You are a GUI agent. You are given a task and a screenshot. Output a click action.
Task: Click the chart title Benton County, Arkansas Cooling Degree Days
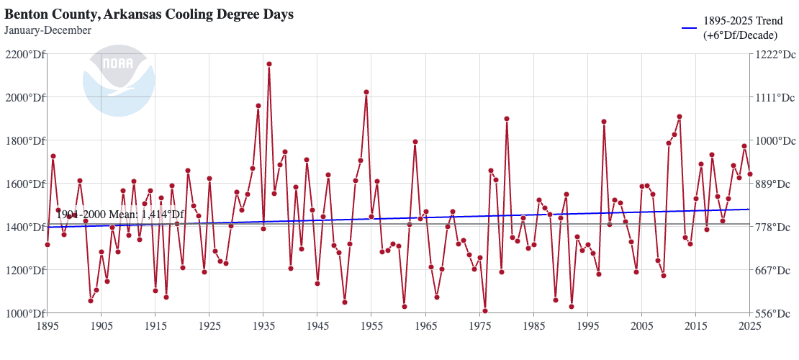pyautogui.click(x=149, y=14)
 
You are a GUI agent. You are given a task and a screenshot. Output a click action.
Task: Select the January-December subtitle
pyautogui.click(x=48, y=30)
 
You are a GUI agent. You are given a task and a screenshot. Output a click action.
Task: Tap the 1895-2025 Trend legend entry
pyautogui.click(x=741, y=27)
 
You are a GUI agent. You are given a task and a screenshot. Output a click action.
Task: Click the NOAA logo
pyautogui.click(x=119, y=81)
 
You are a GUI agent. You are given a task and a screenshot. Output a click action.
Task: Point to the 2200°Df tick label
pyautogui.click(x=24, y=55)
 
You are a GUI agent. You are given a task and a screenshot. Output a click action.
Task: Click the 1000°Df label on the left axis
pyautogui.click(x=24, y=313)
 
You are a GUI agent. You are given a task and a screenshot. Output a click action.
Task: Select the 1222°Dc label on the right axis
pyautogui.click(x=776, y=55)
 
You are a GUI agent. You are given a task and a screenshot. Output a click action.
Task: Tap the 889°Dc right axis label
pyautogui.click(x=776, y=184)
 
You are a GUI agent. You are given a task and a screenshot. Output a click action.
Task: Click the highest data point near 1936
pyautogui.click(x=269, y=64)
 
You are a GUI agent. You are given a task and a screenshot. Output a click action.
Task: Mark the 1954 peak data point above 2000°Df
pyautogui.click(x=366, y=92)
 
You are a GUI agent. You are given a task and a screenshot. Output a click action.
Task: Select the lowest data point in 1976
pyautogui.click(x=485, y=311)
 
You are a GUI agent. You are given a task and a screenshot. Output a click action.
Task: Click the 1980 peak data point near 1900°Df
pyautogui.click(x=507, y=119)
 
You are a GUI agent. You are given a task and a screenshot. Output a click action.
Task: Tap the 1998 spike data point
pyautogui.click(x=604, y=122)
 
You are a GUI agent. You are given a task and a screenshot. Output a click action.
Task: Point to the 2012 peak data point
pyautogui.click(x=680, y=117)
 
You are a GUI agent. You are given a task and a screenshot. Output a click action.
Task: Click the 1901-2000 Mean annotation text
pyautogui.click(x=120, y=215)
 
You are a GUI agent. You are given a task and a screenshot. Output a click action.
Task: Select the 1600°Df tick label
pyautogui.click(x=24, y=184)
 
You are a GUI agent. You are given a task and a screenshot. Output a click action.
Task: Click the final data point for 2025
pyautogui.click(x=750, y=174)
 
